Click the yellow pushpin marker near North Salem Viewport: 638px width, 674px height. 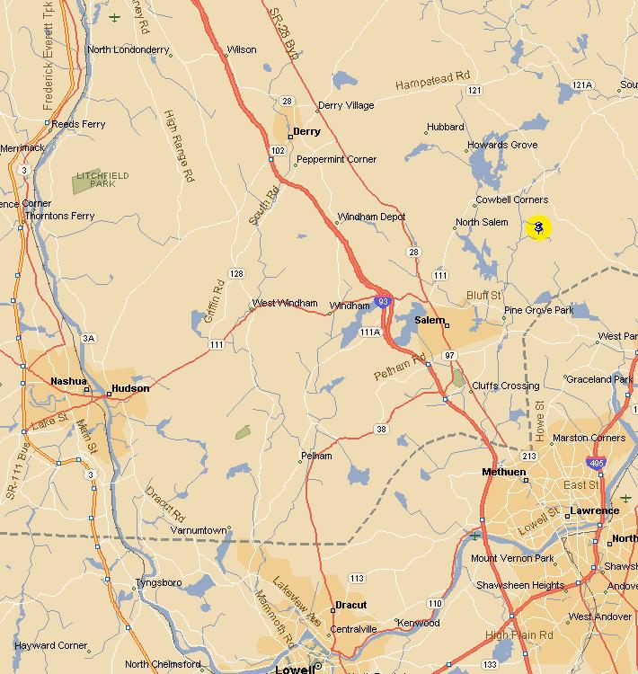click(x=537, y=228)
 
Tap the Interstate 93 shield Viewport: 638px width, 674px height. click(x=383, y=302)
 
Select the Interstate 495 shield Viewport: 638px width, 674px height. click(x=595, y=464)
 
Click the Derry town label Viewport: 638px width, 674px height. click(x=307, y=131)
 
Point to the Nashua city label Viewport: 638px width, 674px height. click(x=68, y=381)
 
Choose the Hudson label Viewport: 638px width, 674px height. click(x=129, y=389)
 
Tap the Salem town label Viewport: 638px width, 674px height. click(x=430, y=320)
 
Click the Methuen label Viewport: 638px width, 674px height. click(x=504, y=472)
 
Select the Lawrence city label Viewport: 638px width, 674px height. click(x=594, y=510)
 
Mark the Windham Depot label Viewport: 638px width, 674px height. click(x=371, y=217)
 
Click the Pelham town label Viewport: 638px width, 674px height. click(x=316, y=456)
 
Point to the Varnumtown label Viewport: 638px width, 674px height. click(x=199, y=530)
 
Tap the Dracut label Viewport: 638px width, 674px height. click(x=350, y=605)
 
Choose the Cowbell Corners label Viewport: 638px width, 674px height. click(x=511, y=200)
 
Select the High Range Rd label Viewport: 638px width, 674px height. click(x=179, y=146)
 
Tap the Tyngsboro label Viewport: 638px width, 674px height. click(x=158, y=583)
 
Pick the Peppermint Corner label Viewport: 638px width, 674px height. click(x=337, y=159)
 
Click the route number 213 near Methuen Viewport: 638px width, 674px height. click(x=528, y=457)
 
